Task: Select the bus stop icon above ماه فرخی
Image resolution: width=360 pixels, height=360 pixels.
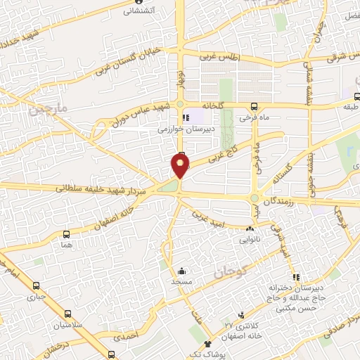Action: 254,107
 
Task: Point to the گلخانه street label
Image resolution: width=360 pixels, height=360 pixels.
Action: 213,105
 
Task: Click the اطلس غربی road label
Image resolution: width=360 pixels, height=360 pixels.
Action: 219,58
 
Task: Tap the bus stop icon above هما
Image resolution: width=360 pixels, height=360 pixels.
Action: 66,235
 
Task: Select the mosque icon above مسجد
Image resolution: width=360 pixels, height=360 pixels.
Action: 181,271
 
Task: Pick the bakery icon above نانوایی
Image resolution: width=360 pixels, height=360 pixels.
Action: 250,229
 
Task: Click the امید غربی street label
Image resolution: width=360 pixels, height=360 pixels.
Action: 210,214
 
